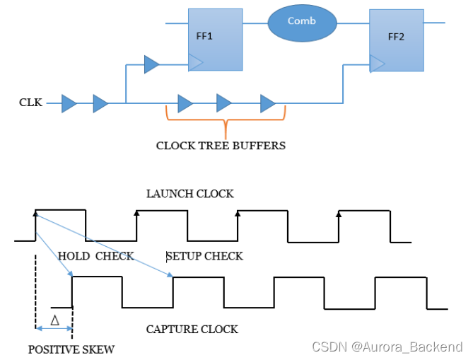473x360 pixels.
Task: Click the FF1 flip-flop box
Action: [215, 40]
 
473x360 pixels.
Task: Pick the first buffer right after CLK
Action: [69, 104]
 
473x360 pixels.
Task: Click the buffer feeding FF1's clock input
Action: [151, 65]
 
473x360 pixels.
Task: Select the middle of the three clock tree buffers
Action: [223, 104]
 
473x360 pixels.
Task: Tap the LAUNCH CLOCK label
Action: [189, 194]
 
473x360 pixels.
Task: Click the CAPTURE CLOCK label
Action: [192, 329]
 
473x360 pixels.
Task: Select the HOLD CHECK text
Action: [95, 256]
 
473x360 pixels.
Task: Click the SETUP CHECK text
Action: [204, 256]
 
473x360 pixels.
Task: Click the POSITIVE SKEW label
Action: [71, 349]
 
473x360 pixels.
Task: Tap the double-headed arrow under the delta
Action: [53, 328]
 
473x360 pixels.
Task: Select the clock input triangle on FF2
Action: [378, 64]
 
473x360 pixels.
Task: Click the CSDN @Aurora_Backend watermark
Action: [387, 347]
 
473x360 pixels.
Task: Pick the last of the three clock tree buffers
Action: [267, 104]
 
